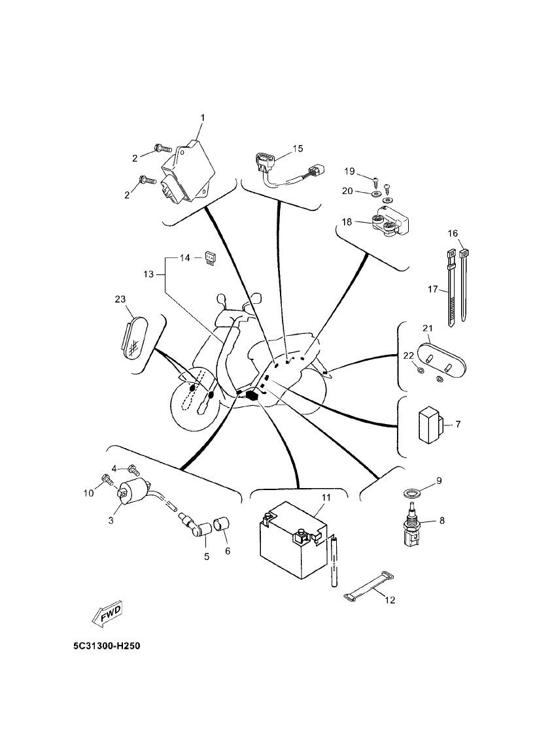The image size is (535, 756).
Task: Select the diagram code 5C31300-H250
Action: pyautogui.click(x=107, y=646)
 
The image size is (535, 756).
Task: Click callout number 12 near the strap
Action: pyautogui.click(x=390, y=600)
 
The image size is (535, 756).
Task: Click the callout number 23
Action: pyautogui.click(x=120, y=299)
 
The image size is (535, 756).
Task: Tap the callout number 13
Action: pyautogui.click(x=148, y=274)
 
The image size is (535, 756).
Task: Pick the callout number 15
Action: pyautogui.click(x=298, y=148)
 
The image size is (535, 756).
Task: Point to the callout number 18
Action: pyautogui.click(x=347, y=222)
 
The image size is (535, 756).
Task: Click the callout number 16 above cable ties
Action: pyautogui.click(x=453, y=233)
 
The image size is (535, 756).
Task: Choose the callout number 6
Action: pyautogui.click(x=228, y=551)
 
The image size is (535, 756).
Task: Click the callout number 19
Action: pyautogui.click(x=349, y=171)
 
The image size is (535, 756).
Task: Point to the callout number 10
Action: pyautogui.click(x=88, y=493)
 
